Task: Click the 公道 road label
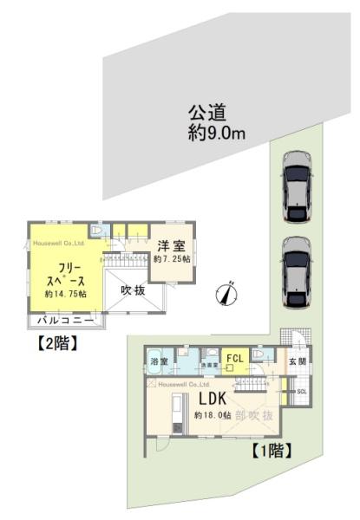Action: point(206,113)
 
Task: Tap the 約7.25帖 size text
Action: point(171,258)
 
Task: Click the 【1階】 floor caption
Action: point(270,451)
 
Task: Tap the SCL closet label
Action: point(301,392)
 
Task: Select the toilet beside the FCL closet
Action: point(267,357)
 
